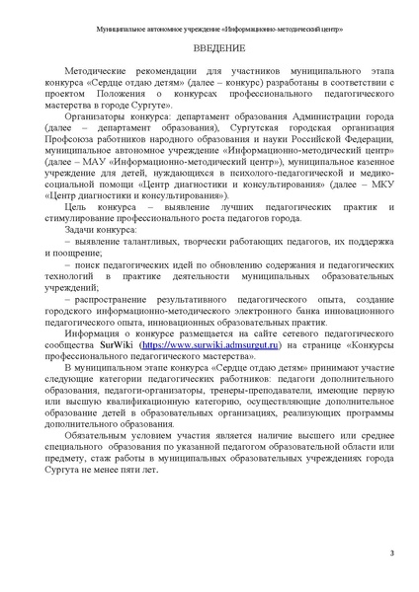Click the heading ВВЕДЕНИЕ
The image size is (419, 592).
209,47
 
